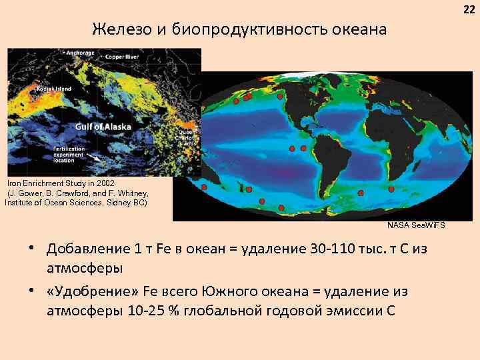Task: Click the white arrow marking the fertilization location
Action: (95, 157)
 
